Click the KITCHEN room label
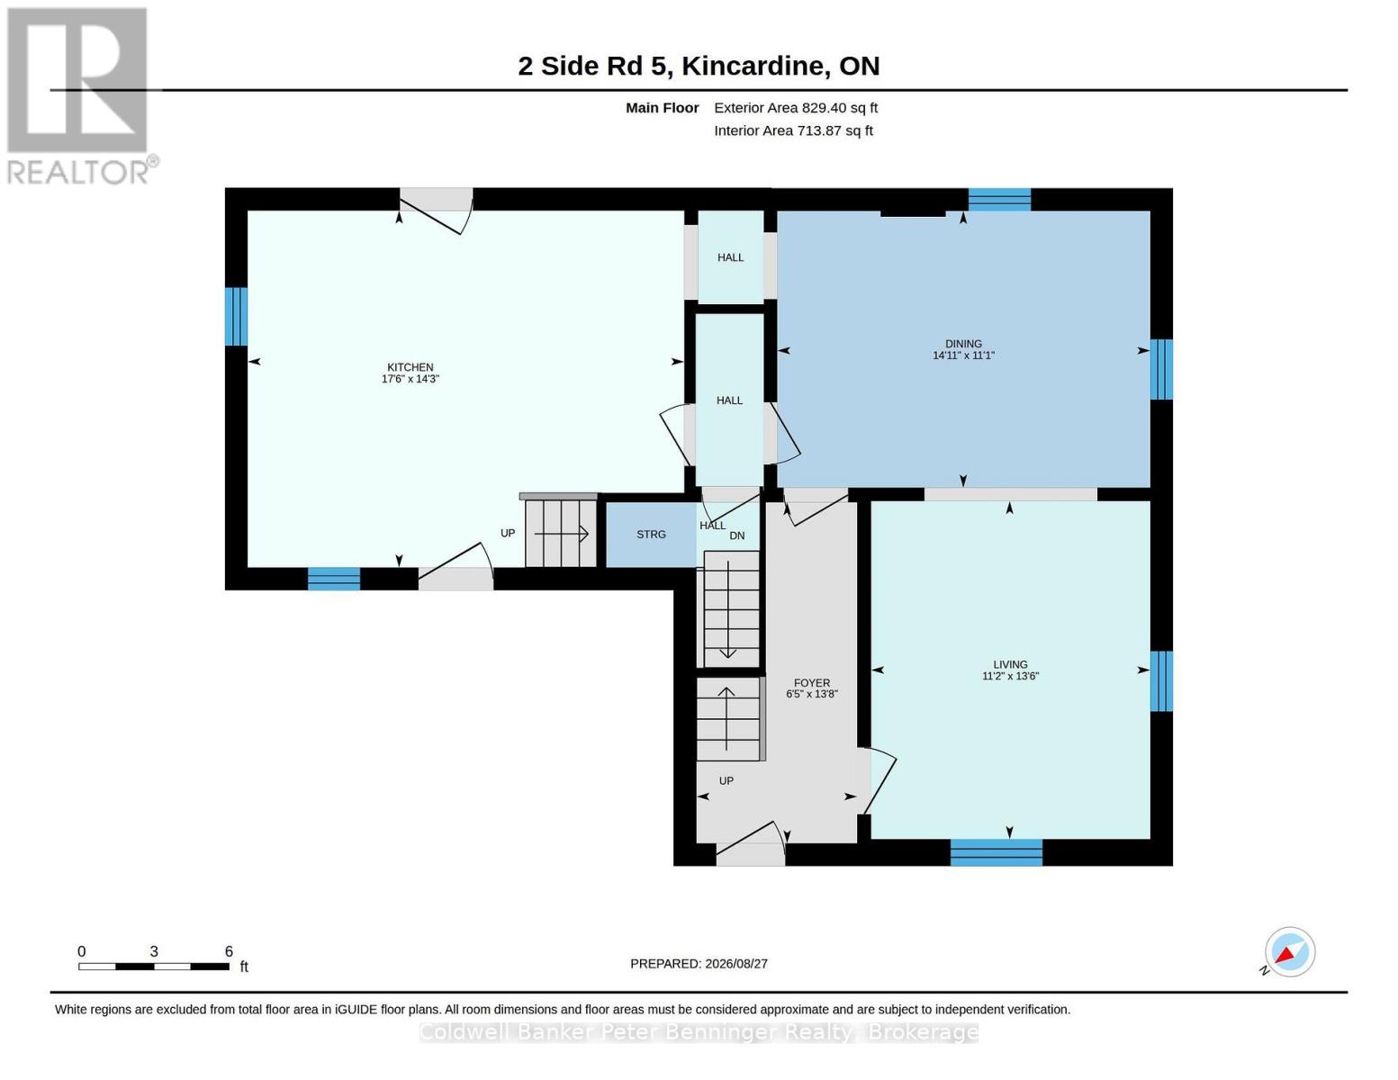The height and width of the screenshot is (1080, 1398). click(x=410, y=367)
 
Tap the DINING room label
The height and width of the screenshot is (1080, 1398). click(x=963, y=344)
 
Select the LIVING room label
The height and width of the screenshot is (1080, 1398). click(x=1010, y=664)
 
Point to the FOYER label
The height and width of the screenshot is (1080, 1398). click(x=812, y=682)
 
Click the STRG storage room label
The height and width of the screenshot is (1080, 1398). click(x=651, y=535)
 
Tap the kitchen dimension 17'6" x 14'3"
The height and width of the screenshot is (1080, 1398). click(x=410, y=379)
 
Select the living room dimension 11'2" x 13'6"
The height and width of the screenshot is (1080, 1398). click(x=1010, y=676)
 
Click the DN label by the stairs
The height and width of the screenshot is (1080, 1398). click(x=736, y=535)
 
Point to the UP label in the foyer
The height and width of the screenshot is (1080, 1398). click(x=726, y=781)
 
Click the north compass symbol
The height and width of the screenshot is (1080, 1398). click(x=1289, y=952)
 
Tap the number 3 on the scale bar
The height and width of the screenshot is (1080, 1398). click(x=154, y=951)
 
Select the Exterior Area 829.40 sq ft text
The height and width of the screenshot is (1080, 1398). click(x=796, y=108)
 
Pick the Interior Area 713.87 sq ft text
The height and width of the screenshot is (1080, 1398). click(x=793, y=130)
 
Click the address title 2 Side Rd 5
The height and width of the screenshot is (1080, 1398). click(x=591, y=66)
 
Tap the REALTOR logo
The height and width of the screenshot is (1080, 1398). click(x=79, y=96)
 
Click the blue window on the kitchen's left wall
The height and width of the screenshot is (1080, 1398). click(x=236, y=317)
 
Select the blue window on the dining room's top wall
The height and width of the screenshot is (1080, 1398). click(x=999, y=200)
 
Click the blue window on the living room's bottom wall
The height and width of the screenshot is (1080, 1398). click(x=996, y=852)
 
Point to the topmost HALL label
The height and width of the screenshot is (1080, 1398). click(x=730, y=257)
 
